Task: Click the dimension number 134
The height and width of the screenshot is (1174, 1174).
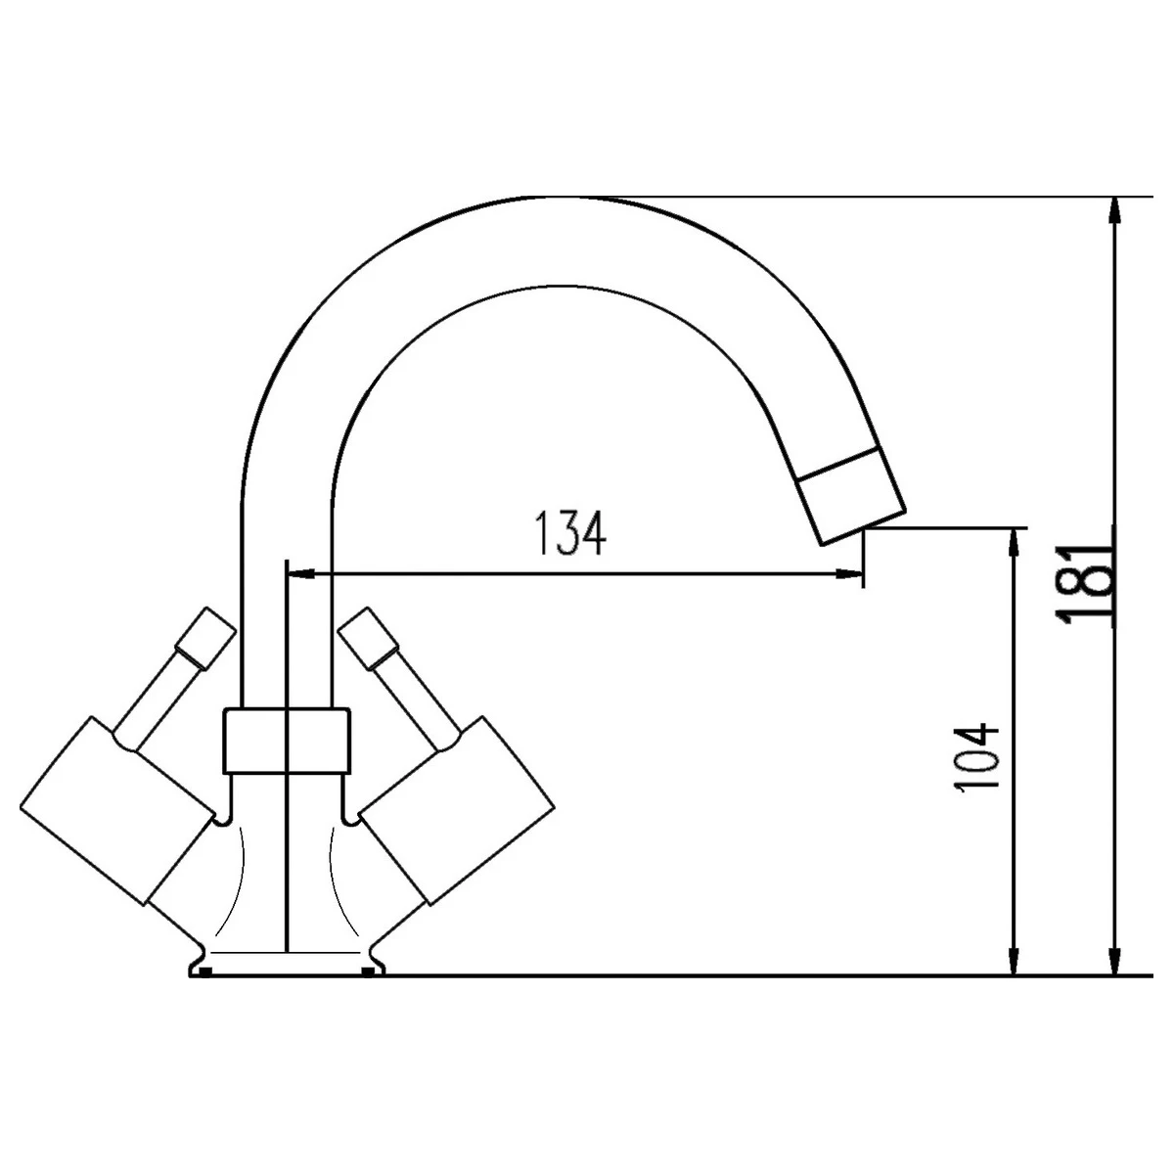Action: [x=570, y=533]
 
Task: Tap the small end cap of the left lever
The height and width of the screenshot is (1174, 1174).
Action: [x=204, y=638]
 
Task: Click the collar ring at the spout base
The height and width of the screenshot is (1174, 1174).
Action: [x=287, y=739]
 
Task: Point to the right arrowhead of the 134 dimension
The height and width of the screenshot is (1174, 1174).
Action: [x=849, y=574]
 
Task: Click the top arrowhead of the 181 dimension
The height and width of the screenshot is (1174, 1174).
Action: [x=1113, y=210]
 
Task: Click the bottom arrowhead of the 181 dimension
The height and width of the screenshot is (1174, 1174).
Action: [x=1113, y=963]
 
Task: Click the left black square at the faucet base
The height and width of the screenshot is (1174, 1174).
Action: [x=204, y=971]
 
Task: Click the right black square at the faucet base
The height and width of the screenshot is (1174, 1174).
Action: [x=367, y=971]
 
